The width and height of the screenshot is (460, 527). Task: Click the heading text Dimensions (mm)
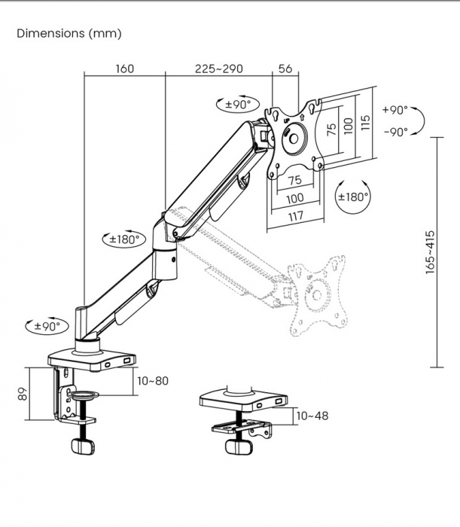[x=69, y=34]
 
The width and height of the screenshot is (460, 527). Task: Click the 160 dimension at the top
[x=124, y=69]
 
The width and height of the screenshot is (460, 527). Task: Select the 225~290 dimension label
[x=218, y=69]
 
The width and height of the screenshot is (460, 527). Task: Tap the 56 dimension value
[x=285, y=69]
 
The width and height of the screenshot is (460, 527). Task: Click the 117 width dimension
[x=294, y=216]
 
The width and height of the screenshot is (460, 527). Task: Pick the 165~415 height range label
[x=430, y=251]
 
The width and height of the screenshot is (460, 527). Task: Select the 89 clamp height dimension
[x=23, y=394]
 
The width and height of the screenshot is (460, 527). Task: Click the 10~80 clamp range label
[x=153, y=380]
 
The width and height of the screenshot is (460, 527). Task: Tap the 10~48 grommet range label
[x=312, y=415]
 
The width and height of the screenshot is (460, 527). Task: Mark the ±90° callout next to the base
[x=46, y=326]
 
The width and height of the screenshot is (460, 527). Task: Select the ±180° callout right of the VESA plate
[x=352, y=197]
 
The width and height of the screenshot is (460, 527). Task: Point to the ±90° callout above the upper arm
[x=237, y=104]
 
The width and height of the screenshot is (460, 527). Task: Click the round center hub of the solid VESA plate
[x=295, y=140]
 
